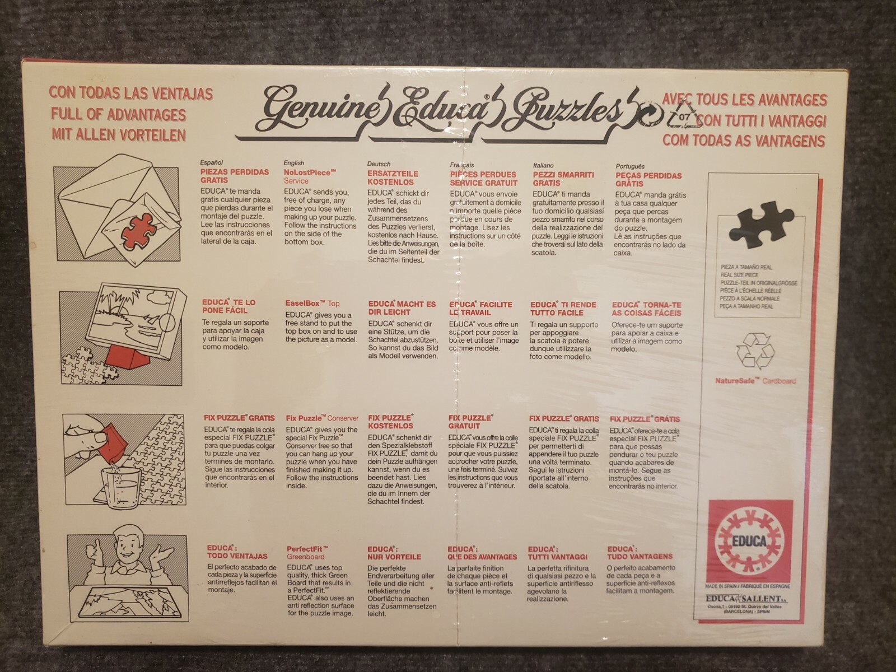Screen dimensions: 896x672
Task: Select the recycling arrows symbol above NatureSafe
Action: coord(755,352)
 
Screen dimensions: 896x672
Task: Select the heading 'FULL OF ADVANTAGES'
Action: coord(118,114)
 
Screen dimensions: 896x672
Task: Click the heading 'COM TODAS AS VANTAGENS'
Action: coord(744,140)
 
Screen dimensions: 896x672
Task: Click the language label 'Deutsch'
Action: coord(379,164)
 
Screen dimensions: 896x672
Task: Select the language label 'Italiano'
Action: coord(543,165)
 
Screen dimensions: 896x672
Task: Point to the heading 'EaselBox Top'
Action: coord(312,304)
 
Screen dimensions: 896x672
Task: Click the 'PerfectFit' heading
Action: coord(307,549)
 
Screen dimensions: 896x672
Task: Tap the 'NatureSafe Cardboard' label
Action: coord(755,381)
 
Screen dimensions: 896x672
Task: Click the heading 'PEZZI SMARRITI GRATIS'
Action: coord(563,179)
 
